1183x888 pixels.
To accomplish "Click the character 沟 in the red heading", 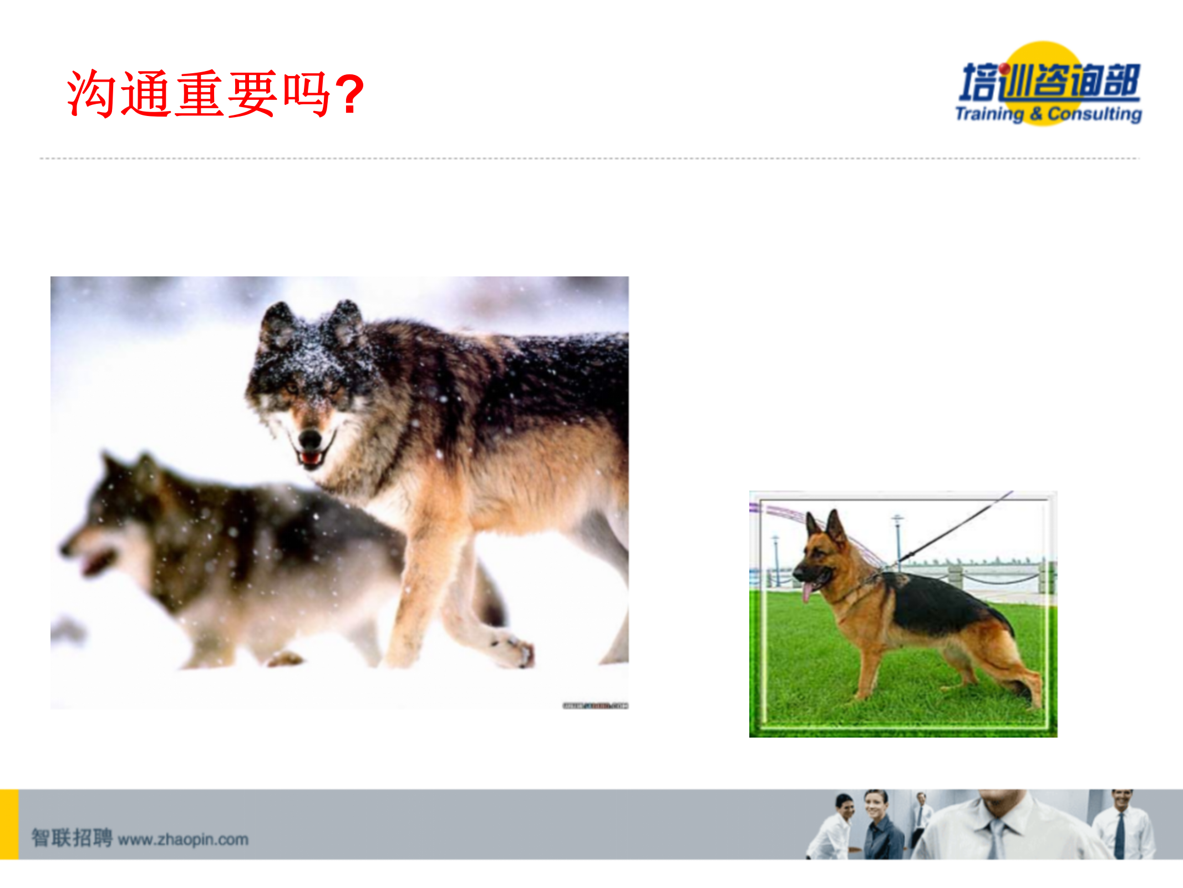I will [91, 94].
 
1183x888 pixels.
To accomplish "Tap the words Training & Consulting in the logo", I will [1048, 114].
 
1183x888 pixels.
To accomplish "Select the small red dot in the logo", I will [1004, 69].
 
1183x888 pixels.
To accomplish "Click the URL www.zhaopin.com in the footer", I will [183, 839].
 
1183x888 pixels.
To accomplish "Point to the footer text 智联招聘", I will [72, 838].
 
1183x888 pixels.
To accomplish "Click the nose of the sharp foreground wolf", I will [310, 439].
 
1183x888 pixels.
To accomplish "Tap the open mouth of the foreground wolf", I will [311, 458].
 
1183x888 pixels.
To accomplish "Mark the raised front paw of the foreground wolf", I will [513, 649].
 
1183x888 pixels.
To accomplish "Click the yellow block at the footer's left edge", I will [9, 824].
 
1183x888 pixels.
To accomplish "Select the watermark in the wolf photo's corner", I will [595, 705].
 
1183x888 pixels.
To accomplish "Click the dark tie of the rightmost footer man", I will [1120, 835].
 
